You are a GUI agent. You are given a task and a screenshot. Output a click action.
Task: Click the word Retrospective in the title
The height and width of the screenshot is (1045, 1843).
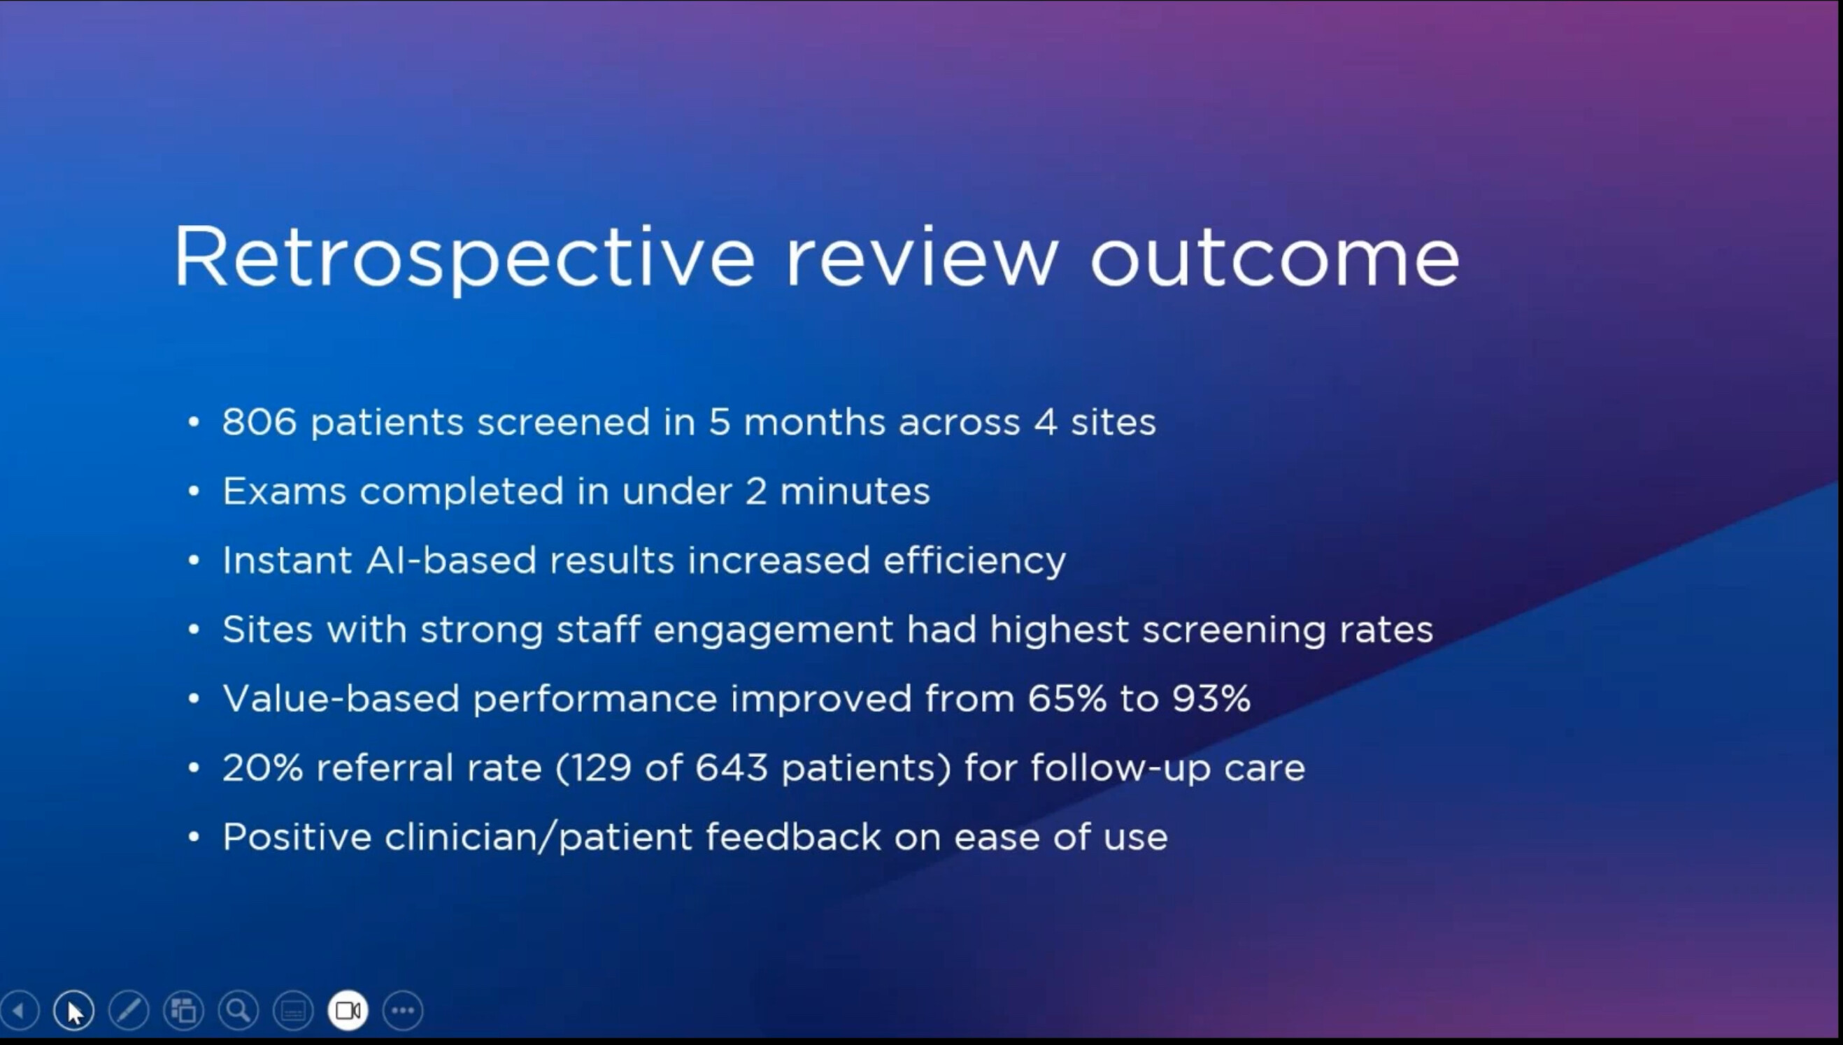tap(464, 257)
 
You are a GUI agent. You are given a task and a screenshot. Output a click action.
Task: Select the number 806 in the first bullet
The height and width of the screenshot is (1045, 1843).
tap(259, 421)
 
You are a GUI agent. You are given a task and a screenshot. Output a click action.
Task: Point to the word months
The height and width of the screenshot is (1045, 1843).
tap(814, 421)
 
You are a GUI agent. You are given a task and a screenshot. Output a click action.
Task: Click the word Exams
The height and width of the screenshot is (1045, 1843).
tap(284, 491)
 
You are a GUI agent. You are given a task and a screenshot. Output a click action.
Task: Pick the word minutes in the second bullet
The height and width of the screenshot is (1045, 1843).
tap(855, 491)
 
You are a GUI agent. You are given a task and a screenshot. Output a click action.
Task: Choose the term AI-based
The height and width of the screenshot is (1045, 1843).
tap(451, 560)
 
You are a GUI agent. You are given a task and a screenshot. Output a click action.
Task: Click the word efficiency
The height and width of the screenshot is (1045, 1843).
tap(974, 561)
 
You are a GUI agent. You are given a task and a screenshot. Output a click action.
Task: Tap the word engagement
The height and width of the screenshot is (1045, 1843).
tap(773, 630)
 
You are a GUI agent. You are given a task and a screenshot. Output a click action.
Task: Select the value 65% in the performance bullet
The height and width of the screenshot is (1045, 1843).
tap(1067, 698)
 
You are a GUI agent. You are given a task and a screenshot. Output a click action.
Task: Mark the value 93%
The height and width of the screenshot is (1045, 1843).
tap(1212, 698)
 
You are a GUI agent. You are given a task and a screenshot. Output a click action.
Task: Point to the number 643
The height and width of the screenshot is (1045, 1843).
tap(732, 767)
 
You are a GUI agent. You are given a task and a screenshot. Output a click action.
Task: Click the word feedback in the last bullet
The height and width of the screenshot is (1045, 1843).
tap(792, 837)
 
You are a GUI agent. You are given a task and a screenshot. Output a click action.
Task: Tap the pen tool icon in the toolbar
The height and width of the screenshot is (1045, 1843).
tap(129, 1011)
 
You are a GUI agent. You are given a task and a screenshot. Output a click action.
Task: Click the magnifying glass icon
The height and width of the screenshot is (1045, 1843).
tap(239, 1011)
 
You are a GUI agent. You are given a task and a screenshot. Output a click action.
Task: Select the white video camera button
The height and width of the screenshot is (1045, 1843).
tap(348, 1011)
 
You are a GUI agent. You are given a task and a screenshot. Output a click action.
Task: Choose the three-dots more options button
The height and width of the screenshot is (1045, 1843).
tap(403, 1011)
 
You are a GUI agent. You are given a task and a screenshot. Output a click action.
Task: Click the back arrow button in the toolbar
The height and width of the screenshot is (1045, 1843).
tap(20, 1011)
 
